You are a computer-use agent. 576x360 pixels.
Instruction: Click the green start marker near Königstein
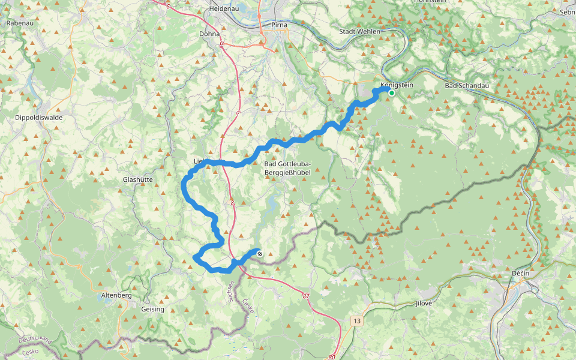[x=391, y=93]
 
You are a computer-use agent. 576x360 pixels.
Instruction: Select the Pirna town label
[x=279, y=25]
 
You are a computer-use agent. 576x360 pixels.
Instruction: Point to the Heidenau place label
[x=224, y=10]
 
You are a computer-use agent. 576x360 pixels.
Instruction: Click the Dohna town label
[x=209, y=34]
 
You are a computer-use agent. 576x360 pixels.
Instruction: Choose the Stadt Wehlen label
[x=360, y=31]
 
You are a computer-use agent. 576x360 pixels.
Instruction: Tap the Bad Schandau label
[x=467, y=86]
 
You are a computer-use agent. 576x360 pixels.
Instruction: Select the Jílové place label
[x=424, y=304]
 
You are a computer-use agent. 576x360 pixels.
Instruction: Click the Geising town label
[x=152, y=309]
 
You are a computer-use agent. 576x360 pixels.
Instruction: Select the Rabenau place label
[x=20, y=23]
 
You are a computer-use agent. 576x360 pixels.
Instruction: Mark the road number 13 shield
[x=358, y=321]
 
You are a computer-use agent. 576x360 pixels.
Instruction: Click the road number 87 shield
[x=306, y=296]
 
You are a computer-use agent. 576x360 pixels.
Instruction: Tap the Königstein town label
[x=397, y=85]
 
